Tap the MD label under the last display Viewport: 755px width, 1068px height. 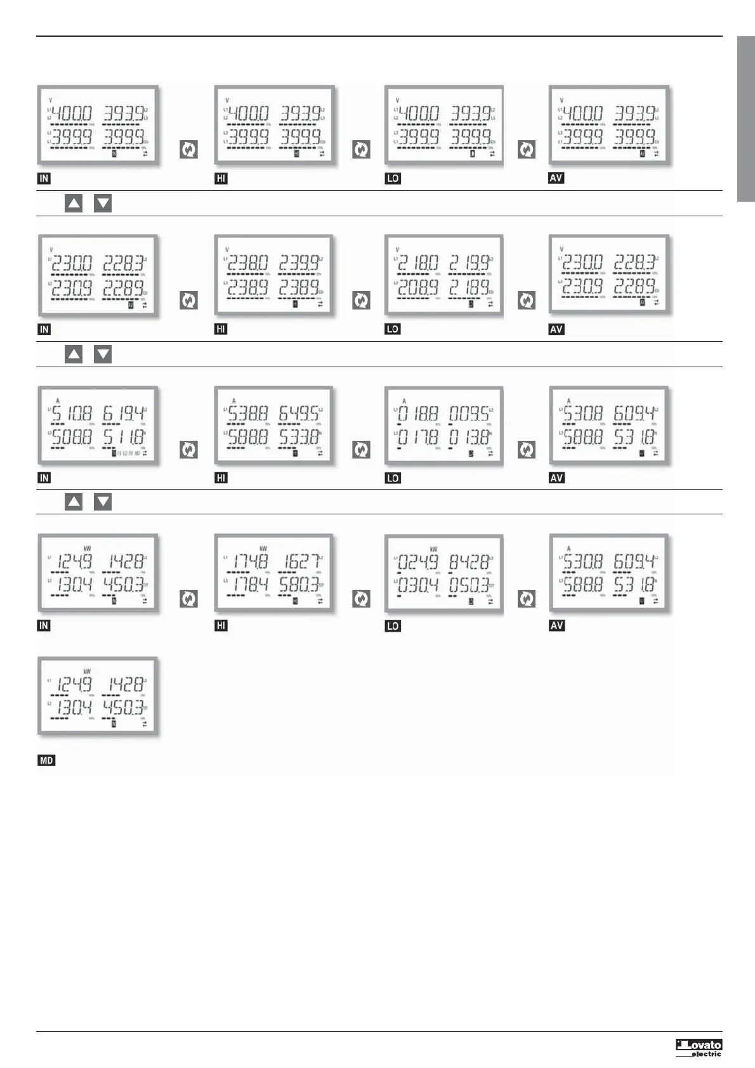click(x=46, y=760)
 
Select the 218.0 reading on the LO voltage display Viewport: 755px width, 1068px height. click(x=417, y=263)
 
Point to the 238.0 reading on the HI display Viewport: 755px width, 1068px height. click(x=248, y=263)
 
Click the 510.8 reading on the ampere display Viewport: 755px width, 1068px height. click(x=72, y=414)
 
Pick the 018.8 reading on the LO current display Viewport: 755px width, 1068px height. click(x=417, y=414)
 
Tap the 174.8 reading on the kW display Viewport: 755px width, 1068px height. click(x=251, y=561)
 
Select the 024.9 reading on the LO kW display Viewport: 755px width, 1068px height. click(x=417, y=561)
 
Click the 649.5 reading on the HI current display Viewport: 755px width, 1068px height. click(x=299, y=414)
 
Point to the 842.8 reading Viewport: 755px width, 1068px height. click(x=469, y=561)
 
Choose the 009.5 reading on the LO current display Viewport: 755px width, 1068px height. click(x=469, y=414)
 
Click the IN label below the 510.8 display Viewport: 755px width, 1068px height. click(x=44, y=478)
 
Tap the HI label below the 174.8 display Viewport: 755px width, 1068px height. click(x=221, y=625)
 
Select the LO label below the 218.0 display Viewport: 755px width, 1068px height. click(x=393, y=329)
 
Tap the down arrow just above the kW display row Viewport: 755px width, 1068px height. click(x=103, y=502)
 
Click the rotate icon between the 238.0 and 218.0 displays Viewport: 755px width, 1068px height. click(x=361, y=300)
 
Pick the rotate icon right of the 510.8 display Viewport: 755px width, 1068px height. click(x=188, y=450)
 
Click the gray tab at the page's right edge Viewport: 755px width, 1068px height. click(x=745, y=119)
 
